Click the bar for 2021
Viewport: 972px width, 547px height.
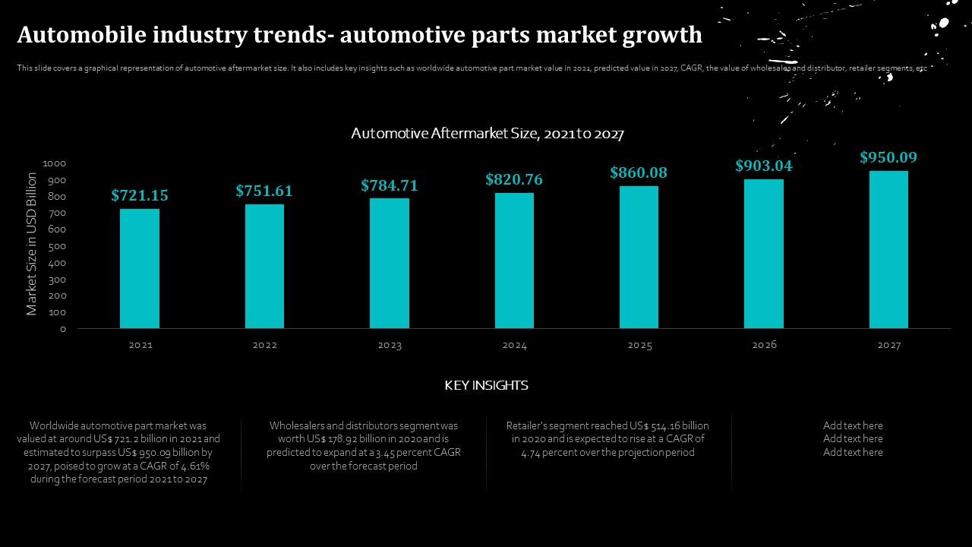coord(140,268)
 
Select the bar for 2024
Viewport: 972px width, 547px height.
coord(514,261)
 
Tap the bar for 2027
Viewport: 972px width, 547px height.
coord(888,249)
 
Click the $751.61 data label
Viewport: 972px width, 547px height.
coord(264,191)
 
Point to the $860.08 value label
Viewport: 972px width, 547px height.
coord(639,172)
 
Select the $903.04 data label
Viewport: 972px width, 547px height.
coord(763,166)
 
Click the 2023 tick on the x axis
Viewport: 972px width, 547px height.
coord(390,345)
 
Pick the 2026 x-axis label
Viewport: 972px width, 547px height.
coord(764,345)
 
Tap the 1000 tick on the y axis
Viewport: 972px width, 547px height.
coord(55,163)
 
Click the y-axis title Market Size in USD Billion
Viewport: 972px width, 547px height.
coord(31,243)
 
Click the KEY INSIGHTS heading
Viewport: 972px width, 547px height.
coord(486,385)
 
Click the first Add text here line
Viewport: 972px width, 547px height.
coord(853,425)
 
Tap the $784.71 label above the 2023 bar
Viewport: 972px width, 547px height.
coord(390,185)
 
